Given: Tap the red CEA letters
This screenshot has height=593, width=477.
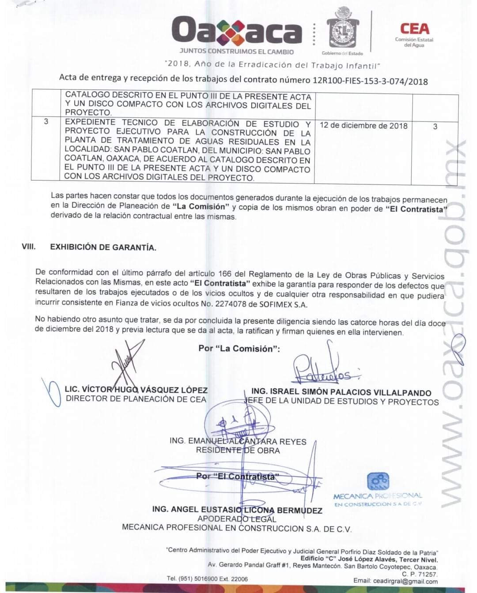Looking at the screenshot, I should [414, 29].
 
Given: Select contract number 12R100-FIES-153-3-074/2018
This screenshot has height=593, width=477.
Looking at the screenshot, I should [370, 81].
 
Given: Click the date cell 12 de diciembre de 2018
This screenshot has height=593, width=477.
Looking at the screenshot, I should [363, 125].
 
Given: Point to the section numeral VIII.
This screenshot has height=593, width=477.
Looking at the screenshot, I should [29, 247].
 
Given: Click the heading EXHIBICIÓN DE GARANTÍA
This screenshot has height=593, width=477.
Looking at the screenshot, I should [103, 247].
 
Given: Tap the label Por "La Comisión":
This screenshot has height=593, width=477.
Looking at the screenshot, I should [239, 349].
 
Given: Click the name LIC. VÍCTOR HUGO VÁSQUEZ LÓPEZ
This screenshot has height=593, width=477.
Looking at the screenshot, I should [136, 390].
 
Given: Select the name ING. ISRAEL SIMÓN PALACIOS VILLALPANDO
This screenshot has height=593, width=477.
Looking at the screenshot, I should [341, 392].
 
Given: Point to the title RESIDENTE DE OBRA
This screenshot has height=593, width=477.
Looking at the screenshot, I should [238, 450].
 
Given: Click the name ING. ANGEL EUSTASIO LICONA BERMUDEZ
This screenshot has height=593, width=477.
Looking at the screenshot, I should [237, 510].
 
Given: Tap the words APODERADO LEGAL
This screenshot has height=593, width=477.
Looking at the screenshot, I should [237, 519].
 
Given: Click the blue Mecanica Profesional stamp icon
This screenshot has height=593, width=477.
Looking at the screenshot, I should [378, 482].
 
